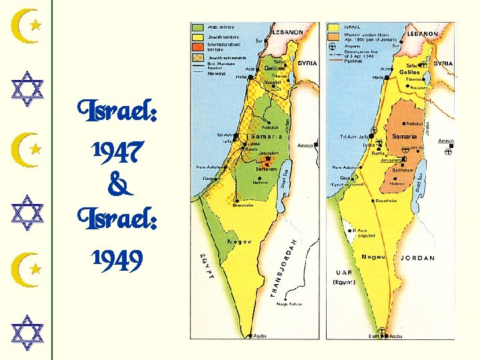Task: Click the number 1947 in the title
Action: coord(117,155)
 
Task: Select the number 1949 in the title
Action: coord(117,261)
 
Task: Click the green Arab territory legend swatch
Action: coord(198,28)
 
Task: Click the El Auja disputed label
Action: coord(351,233)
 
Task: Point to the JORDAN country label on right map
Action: coord(418,258)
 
